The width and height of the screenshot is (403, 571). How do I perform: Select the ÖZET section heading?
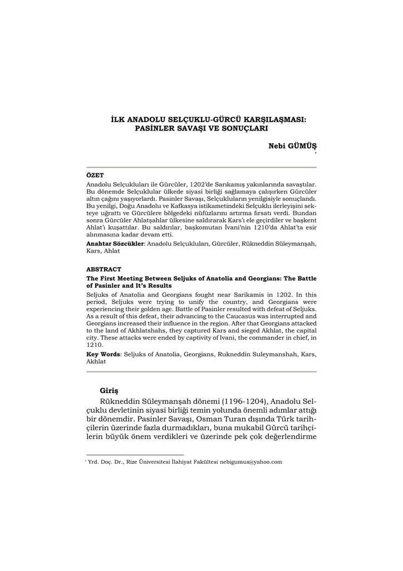tap(95, 175)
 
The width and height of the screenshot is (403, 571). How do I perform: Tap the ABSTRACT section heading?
tap(104, 269)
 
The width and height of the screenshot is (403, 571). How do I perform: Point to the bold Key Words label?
tap(104, 354)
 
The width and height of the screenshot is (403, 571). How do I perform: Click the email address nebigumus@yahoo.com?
tap(251, 462)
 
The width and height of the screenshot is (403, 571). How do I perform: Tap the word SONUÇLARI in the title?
tap(244, 128)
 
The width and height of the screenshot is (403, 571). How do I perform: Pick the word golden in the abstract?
tap(149, 308)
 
